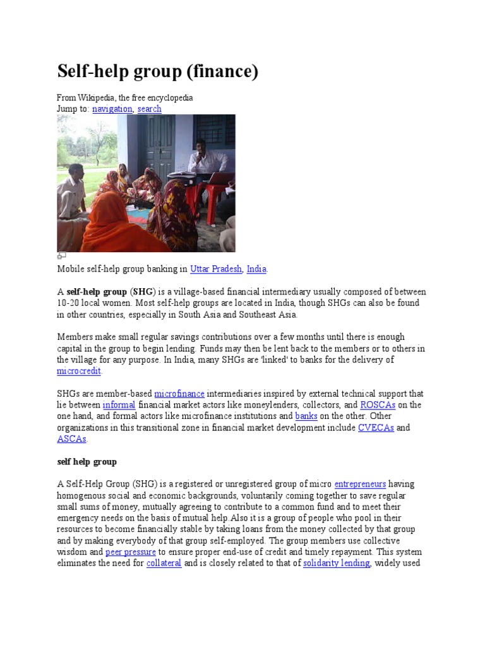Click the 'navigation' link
coord(112,109)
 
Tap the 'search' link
coord(149,109)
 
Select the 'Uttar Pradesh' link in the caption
coord(216,269)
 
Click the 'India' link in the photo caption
coord(256,269)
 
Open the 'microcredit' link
coord(79,371)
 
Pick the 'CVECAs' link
coord(376,428)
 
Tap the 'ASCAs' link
coord(71,439)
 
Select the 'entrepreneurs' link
coord(360,484)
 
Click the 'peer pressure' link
coord(131,552)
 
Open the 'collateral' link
coord(164,563)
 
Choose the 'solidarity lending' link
coord(336,563)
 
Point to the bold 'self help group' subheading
coord(87,462)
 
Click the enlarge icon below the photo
coord(61,256)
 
